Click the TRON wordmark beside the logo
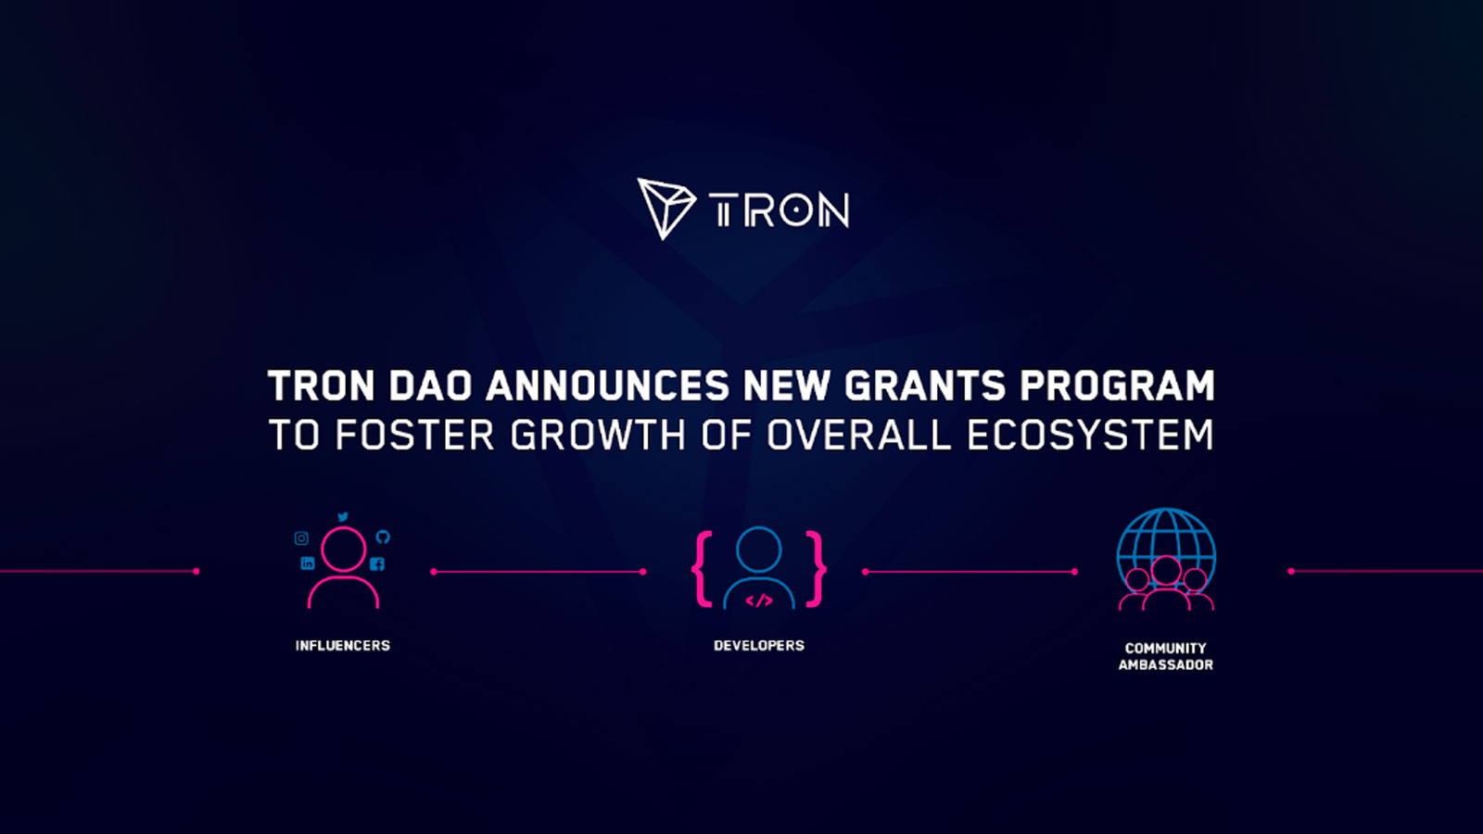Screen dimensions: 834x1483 point(779,211)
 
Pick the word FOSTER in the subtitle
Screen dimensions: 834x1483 point(414,436)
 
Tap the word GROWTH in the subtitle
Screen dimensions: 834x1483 point(598,436)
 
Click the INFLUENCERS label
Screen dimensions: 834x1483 point(343,646)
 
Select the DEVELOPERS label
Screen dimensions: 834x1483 point(759,646)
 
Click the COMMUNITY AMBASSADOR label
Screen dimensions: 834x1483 point(1166,656)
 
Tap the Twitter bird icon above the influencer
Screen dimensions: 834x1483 point(343,517)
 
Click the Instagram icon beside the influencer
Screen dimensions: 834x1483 point(301,538)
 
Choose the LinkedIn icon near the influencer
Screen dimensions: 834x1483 point(308,563)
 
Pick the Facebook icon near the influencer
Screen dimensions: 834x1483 point(377,563)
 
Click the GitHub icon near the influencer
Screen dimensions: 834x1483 point(383,537)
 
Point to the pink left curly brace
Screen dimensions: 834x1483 point(703,569)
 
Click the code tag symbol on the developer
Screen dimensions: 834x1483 point(759,600)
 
